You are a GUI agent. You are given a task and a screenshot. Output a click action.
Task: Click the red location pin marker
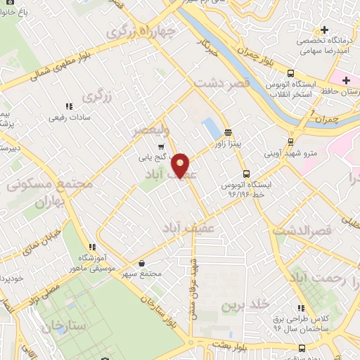pyautogui.click(x=181, y=165)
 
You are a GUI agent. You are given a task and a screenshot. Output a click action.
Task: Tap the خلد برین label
pyautogui.click(x=246, y=304)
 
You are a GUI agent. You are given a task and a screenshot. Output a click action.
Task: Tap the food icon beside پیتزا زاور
pyautogui.click(x=229, y=132)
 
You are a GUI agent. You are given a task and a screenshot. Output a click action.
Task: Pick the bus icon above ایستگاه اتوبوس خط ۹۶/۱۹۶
pyautogui.click(x=245, y=173)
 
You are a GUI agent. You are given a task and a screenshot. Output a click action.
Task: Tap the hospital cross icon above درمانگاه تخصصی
pyautogui.click(x=324, y=30)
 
